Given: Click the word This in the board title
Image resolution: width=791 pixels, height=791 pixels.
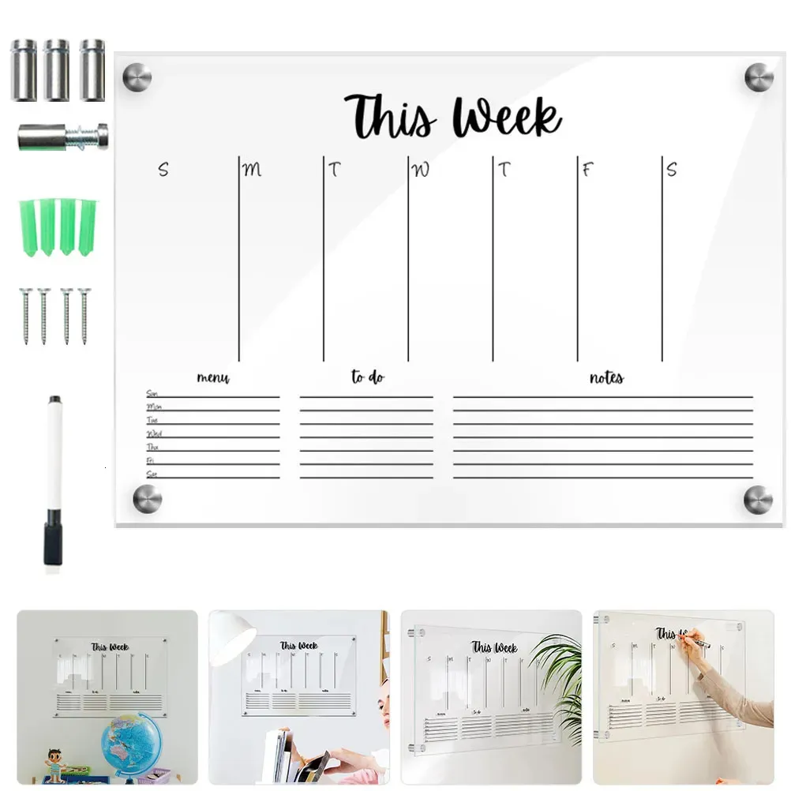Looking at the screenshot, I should point(390,117).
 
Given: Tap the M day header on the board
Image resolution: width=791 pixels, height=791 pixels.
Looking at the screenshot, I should point(252,169).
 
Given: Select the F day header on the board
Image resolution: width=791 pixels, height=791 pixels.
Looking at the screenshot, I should point(587,169).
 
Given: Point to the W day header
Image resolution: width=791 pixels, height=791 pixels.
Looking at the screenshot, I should point(422,169).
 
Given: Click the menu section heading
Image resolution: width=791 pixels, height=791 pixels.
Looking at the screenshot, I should point(213,378).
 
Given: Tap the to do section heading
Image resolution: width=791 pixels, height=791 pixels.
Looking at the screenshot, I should point(368,377).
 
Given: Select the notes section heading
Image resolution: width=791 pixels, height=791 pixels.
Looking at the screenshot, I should point(606,377).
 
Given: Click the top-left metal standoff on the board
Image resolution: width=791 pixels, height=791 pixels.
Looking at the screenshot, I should point(137,77).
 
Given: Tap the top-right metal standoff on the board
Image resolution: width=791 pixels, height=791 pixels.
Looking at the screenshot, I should point(759,77).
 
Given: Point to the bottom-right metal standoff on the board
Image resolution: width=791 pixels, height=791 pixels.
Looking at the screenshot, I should point(757,499).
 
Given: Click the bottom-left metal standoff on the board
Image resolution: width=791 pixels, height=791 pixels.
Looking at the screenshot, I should point(147,499).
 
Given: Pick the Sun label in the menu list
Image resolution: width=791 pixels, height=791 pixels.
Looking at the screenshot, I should point(152,393).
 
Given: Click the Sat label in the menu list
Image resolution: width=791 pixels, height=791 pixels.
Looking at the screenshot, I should point(152,474).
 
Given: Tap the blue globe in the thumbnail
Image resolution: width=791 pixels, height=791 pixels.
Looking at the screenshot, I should point(130,742).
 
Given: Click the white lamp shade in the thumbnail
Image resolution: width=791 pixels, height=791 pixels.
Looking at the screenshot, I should point(231,635).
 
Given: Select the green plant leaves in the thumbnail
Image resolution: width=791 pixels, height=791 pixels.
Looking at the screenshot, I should point(560,671).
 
